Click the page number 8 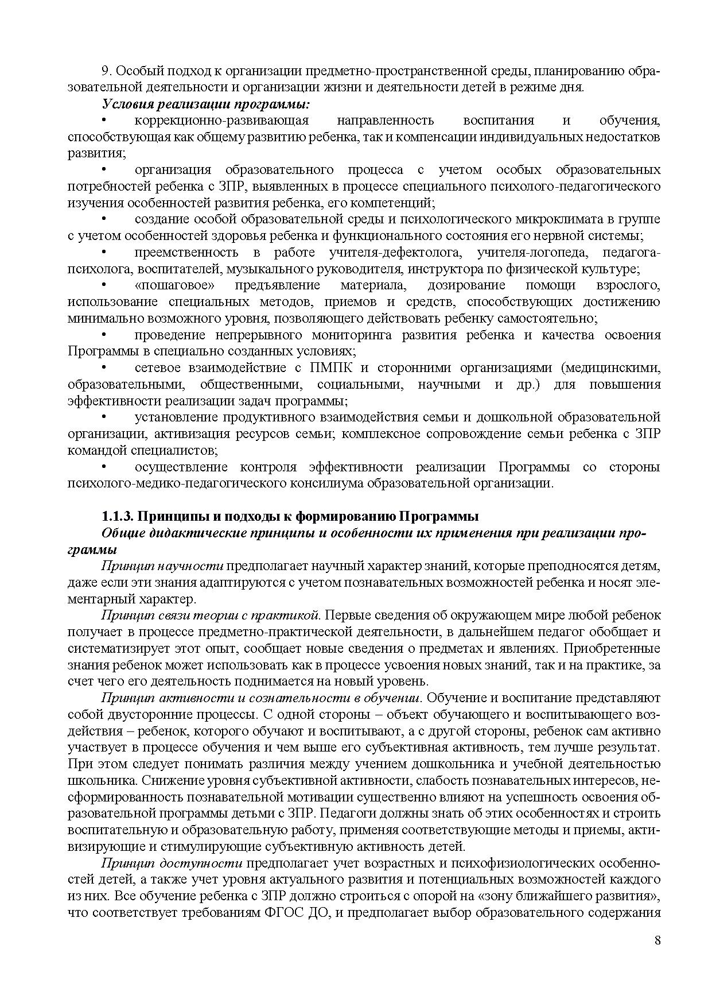657,940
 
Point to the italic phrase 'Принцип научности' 162,566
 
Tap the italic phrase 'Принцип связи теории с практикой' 209,615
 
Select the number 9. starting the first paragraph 106,71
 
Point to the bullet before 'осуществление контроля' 104,467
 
